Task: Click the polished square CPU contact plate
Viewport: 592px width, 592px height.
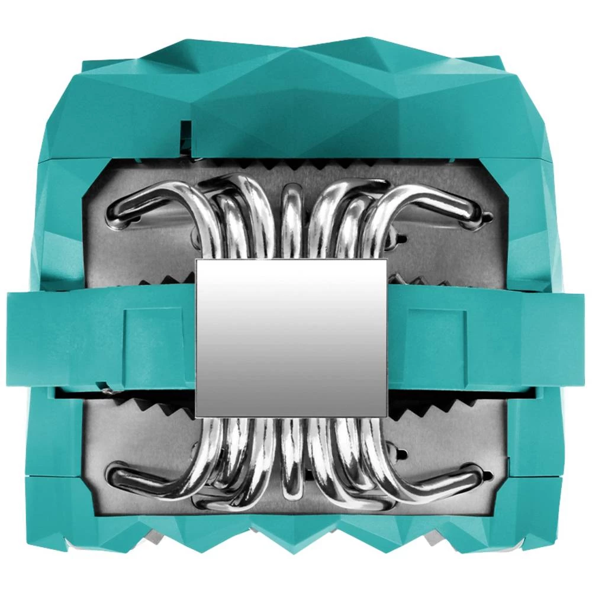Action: (291, 338)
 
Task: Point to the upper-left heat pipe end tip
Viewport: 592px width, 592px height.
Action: (114, 215)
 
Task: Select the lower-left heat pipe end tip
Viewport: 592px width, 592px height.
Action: (114, 474)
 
